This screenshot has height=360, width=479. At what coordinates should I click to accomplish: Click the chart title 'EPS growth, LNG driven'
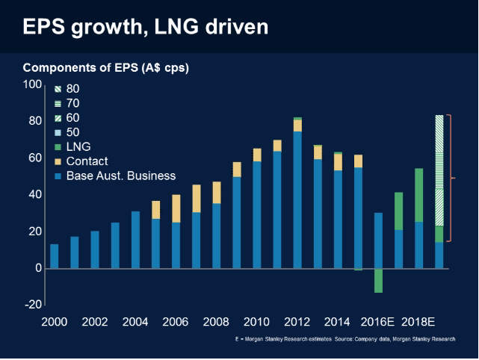pyautogui.click(x=145, y=28)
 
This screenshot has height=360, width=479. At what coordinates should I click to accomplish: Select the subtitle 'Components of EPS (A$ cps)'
pyautogui.click(x=106, y=68)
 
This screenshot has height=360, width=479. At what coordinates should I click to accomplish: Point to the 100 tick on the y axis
pyautogui.click(x=34, y=84)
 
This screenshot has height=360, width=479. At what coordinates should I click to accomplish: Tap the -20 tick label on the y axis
pyautogui.click(x=33, y=304)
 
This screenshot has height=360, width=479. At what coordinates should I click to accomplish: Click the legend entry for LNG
pyautogui.click(x=78, y=146)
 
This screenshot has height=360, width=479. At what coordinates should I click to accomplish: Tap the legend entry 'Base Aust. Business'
pyautogui.click(x=120, y=176)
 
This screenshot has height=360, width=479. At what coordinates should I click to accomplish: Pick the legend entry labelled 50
pyautogui.click(x=72, y=132)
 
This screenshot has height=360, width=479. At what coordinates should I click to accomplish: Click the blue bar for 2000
pyautogui.click(x=54, y=256)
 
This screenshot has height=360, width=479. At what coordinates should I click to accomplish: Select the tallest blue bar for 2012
pyautogui.click(x=297, y=199)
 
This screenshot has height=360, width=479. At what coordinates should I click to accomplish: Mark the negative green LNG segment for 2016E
pyautogui.click(x=379, y=281)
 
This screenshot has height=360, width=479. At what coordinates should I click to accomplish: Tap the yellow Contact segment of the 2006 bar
pyautogui.click(x=176, y=208)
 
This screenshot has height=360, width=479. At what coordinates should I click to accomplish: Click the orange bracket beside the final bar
pyautogui.click(x=449, y=178)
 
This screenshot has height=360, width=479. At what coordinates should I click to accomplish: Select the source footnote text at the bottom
pyautogui.click(x=343, y=339)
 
